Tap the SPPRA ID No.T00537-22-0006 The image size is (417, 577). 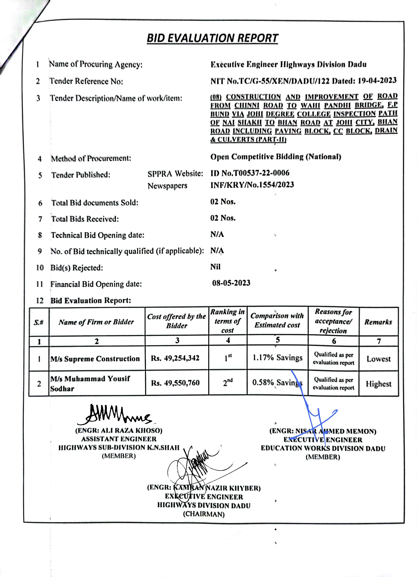coord(250,173)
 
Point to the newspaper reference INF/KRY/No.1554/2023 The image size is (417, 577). coord(252,185)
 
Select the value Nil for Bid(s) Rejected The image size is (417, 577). coord(215,267)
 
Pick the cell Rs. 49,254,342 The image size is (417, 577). coord(175,358)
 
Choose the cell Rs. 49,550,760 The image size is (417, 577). coord(175,383)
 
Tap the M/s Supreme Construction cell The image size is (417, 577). coord(95,359)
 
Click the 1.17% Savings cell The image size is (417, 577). coord(277,358)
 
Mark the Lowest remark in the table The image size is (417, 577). coord(378,359)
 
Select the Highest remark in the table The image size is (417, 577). coord(378,384)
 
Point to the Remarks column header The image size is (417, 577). coord(378,322)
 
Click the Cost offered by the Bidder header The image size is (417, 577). coord(177,321)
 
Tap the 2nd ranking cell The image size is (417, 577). coord(228,382)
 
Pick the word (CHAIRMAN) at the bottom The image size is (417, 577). coord(204,514)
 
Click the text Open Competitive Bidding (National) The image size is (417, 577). coord(276,157)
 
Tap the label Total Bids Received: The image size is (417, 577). coord(85,219)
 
